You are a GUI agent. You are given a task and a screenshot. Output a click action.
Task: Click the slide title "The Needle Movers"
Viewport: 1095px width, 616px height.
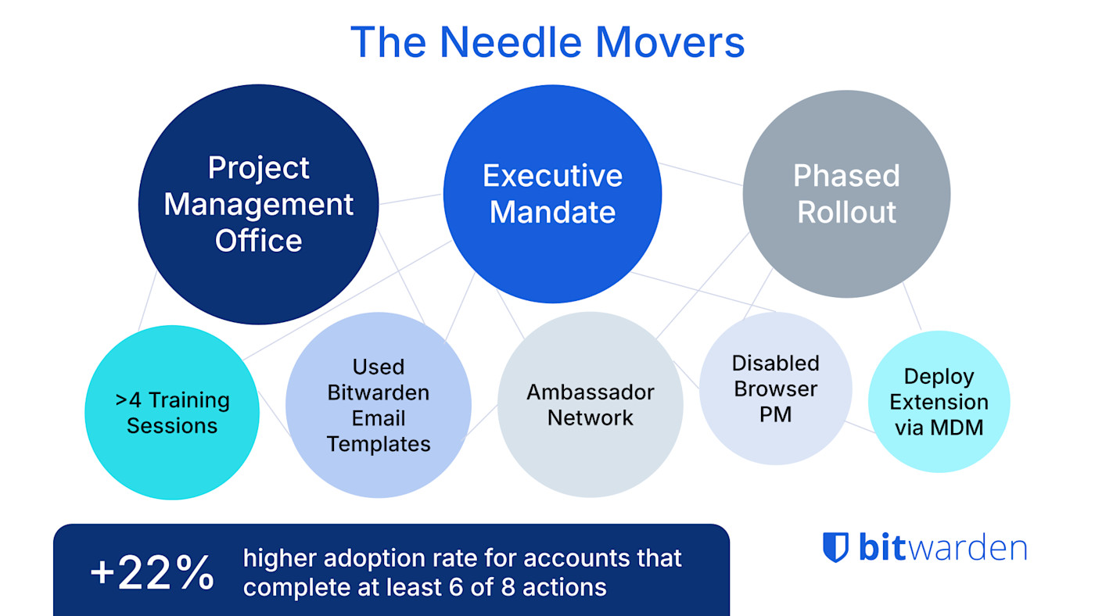pos(547,42)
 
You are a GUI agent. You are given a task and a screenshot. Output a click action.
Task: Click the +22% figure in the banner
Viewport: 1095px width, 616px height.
pos(152,573)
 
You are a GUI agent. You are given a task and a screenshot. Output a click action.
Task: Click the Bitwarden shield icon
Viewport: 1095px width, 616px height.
pos(835,547)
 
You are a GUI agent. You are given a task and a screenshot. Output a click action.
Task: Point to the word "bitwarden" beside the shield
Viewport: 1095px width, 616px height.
pos(942,547)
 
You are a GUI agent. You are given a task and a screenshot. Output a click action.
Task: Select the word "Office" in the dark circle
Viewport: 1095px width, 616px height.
pos(258,241)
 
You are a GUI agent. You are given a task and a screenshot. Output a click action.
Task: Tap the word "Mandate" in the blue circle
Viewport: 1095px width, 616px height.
pos(552,213)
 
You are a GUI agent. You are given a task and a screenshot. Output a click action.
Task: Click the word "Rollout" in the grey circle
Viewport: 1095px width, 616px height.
pos(846,213)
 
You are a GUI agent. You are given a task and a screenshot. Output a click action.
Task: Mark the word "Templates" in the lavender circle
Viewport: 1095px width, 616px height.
pos(379,444)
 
